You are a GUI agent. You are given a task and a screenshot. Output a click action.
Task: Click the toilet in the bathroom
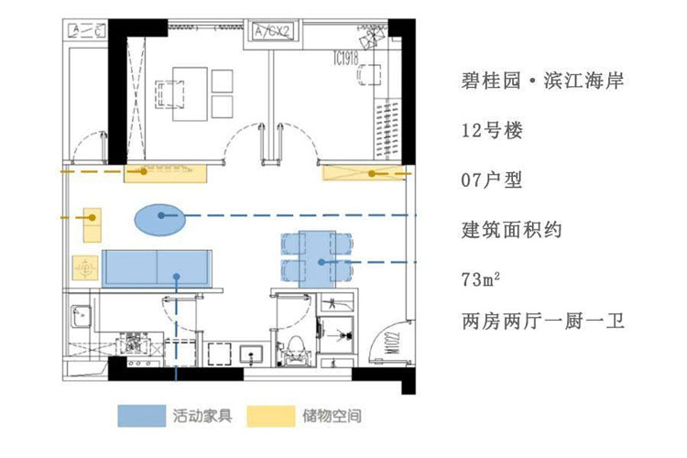click(x=294, y=346)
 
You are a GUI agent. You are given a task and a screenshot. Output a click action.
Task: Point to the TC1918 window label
click(x=346, y=60)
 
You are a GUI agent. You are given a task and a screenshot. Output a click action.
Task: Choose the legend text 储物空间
click(x=331, y=416)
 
